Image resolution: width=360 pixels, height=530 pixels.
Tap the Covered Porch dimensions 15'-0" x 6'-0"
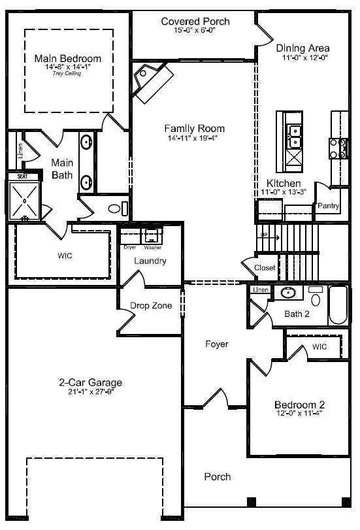tap(195, 31)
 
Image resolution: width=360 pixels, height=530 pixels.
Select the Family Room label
tap(194, 128)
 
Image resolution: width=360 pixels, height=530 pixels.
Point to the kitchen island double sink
tap(294, 137)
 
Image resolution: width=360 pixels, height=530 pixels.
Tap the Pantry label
tap(327, 206)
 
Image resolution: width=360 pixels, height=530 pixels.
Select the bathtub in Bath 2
tap(338, 305)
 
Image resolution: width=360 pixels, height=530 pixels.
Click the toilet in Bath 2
tap(315, 298)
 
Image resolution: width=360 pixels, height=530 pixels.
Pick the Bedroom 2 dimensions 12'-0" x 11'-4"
tap(298, 412)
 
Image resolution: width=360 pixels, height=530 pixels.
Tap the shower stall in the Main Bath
tap(24, 200)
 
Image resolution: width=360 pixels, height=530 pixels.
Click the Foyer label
tap(216, 344)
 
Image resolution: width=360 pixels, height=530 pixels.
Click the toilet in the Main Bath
tap(115, 209)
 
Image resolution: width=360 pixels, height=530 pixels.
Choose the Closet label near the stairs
tap(265, 268)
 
